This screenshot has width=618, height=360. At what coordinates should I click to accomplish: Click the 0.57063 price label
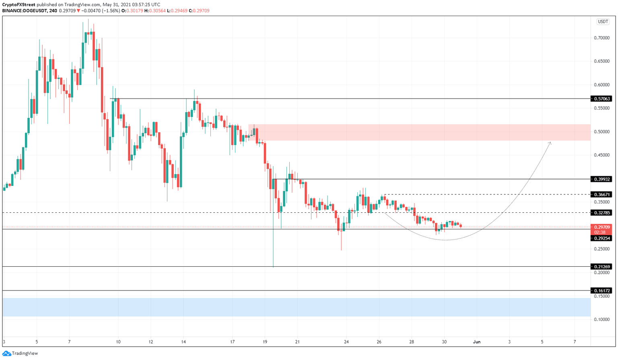click(x=602, y=99)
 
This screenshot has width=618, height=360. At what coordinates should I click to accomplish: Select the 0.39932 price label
click(x=602, y=179)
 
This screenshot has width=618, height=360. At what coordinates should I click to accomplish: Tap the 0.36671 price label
click(x=602, y=194)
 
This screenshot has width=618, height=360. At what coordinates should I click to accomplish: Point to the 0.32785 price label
click(x=602, y=212)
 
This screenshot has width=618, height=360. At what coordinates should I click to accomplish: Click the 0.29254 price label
click(x=602, y=238)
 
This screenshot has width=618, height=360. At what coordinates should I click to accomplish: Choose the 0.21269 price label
click(x=602, y=266)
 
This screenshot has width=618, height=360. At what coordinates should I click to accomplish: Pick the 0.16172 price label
click(x=602, y=290)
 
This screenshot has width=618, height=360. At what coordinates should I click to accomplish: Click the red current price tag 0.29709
click(x=602, y=227)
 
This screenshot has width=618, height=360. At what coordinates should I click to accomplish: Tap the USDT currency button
click(x=603, y=22)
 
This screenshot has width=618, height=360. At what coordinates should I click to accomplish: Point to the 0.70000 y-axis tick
click(x=602, y=38)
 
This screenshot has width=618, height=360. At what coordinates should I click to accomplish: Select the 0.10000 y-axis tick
click(x=602, y=319)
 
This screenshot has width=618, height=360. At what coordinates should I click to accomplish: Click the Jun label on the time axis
click(x=476, y=342)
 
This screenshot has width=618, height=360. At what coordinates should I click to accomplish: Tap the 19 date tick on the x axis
click(x=265, y=342)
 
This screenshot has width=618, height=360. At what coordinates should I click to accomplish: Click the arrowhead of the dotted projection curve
click(x=550, y=143)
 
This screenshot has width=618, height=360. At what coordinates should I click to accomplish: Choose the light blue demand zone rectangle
click(x=296, y=307)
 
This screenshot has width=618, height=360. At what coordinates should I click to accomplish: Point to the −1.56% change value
click(x=111, y=11)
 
